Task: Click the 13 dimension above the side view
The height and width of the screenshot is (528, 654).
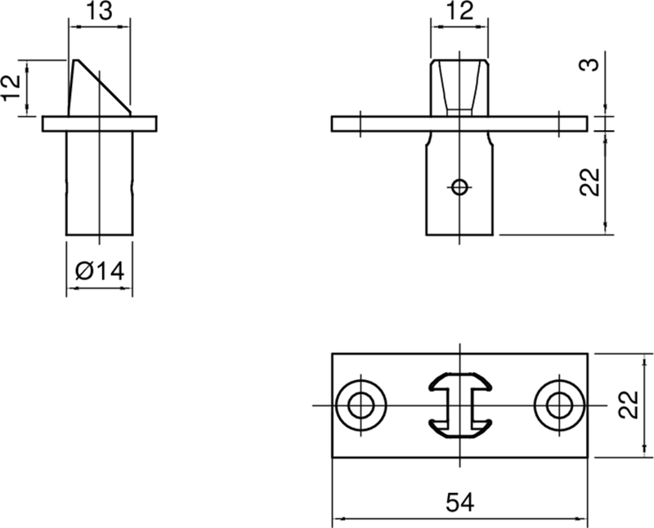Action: click(99, 12)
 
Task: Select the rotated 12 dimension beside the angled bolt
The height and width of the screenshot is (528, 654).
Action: click(11, 87)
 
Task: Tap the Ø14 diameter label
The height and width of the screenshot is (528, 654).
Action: click(99, 270)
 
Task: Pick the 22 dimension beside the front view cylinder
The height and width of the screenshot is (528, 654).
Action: click(593, 181)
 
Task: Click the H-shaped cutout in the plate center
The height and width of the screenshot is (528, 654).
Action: click(459, 405)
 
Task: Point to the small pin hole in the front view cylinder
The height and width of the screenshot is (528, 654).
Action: click(460, 187)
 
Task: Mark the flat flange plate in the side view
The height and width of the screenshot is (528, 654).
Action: click(99, 123)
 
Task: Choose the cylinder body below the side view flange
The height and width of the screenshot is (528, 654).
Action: click(99, 183)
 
